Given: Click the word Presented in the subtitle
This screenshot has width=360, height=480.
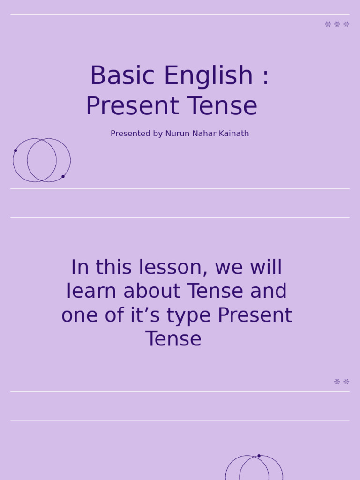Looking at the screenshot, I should pyautogui.click(x=129, y=134).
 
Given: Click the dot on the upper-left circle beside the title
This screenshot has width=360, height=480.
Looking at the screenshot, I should pyautogui.click(x=15, y=150).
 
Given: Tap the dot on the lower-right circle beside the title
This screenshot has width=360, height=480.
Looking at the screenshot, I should pyautogui.click(x=63, y=176).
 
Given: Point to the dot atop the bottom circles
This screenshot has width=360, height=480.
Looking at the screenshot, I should pyautogui.click(x=259, y=456).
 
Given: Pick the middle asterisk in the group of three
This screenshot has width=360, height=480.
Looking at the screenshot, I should pyautogui.click(x=337, y=24).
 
